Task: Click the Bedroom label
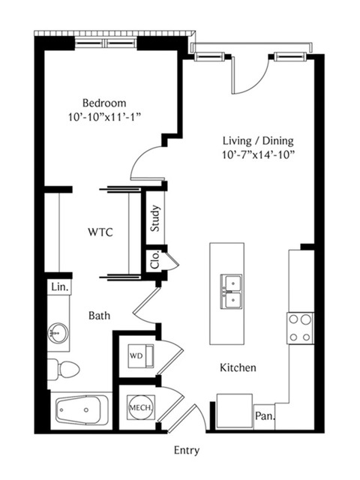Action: coord(104,103)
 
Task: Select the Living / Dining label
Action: coord(258,141)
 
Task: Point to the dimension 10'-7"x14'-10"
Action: coord(258,155)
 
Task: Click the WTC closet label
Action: coord(100,232)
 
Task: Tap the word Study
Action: coord(155,218)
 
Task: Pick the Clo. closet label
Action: coord(155,260)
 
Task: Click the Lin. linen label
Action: coord(60,287)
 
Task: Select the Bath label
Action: coord(100,315)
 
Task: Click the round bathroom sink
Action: coord(58,332)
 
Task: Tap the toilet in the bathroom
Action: coord(64,370)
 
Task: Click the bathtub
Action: coord(82,410)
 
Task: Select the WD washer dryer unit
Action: coord(141,356)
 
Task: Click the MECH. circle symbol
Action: coord(141,407)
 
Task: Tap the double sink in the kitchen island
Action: coord(231,292)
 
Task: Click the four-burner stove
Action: coord(300,328)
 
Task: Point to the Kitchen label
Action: coord(238,367)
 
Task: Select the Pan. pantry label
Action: coord(265,416)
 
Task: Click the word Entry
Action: coord(187,451)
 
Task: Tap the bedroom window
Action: coord(106,43)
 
